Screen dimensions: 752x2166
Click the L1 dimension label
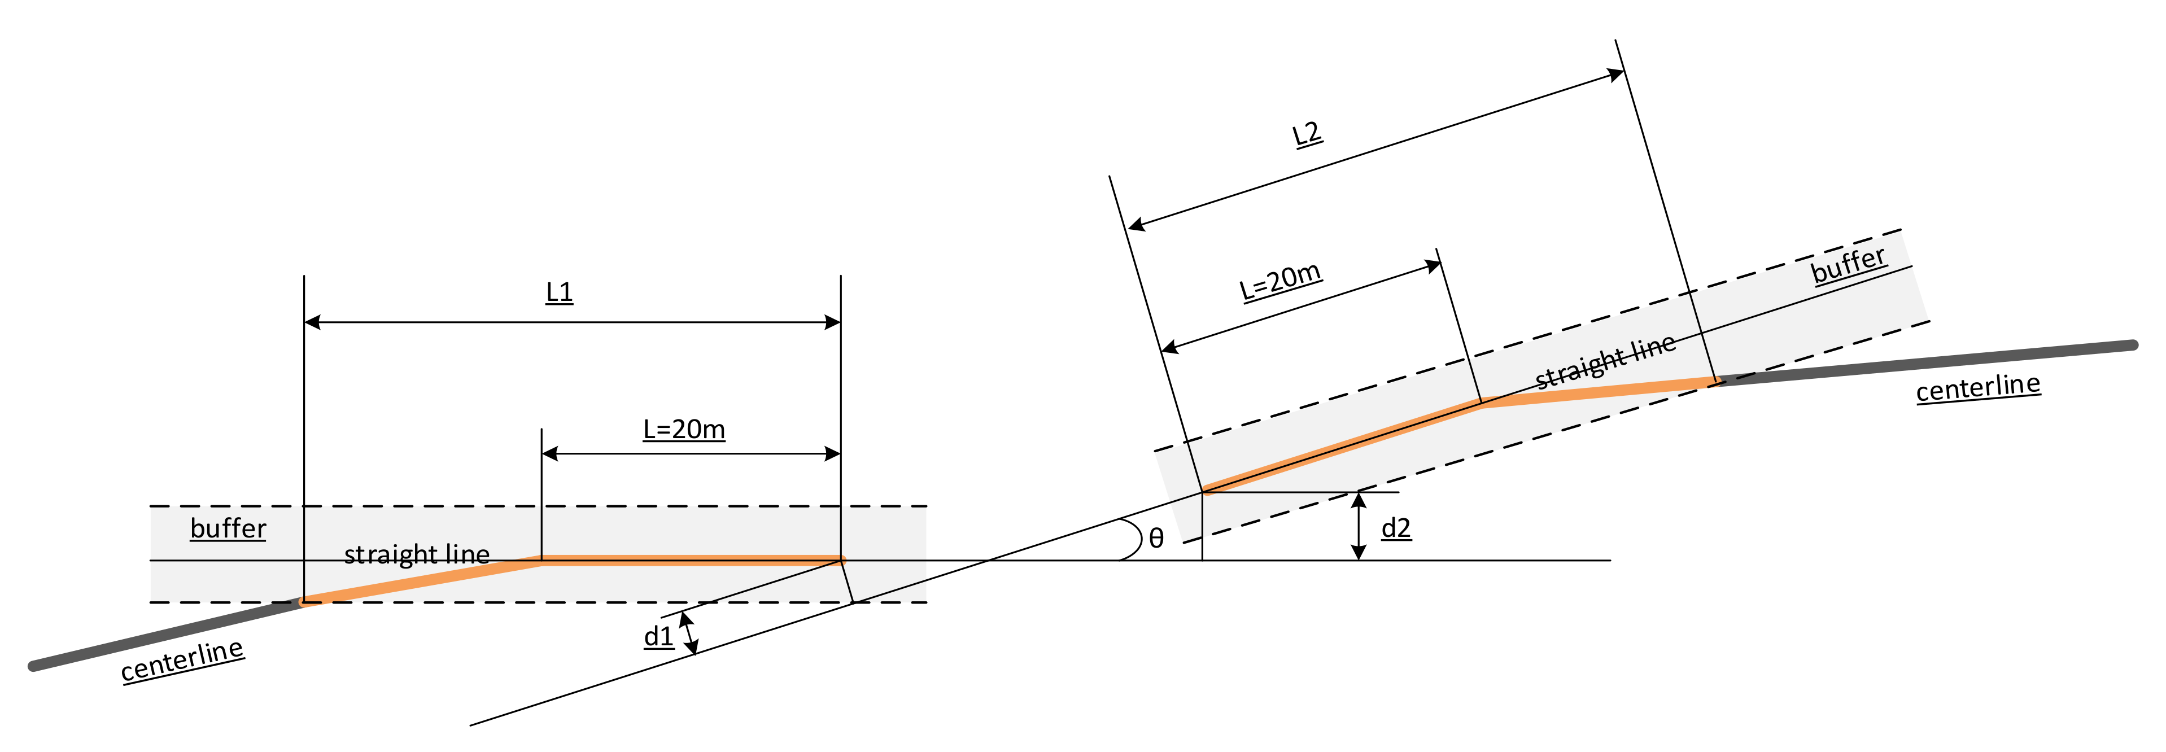(x=559, y=292)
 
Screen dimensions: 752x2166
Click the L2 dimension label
(x=1306, y=134)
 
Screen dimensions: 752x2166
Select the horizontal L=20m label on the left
(x=684, y=429)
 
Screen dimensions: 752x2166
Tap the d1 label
(x=658, y=636)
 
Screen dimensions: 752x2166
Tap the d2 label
(x=1396, y=528)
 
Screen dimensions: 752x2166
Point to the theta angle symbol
(x=1156, y=539)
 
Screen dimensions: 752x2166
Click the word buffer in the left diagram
(x=228, y=528)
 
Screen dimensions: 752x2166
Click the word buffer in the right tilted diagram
(x=1848, y=264)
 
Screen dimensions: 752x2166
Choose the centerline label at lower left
(x=182, y=661)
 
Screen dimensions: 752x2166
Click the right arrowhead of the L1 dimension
(x=832, y=322)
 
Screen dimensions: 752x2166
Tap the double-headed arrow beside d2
(x=1358, y=526)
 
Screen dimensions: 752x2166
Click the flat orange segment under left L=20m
(x=689, y=560)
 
